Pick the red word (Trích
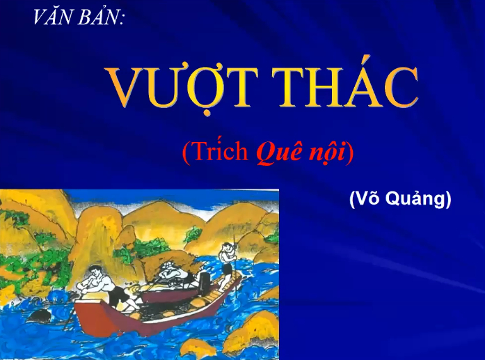[x=214, y=152]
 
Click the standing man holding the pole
[x=225, y=261]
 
